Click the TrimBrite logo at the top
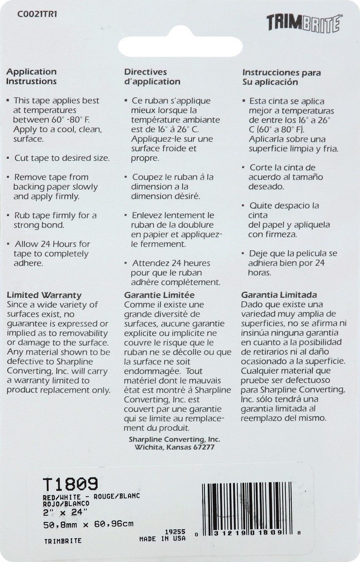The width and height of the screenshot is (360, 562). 304,23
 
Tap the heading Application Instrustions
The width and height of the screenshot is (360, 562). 31,76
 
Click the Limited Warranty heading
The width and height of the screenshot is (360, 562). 44,295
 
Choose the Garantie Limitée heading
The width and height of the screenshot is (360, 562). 159,295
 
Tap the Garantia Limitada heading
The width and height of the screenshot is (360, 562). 279,295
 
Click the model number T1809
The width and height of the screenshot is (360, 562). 70,484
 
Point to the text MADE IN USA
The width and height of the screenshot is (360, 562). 162,539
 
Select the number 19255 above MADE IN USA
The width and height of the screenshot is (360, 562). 175,532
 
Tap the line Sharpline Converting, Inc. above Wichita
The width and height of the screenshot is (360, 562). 174,439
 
